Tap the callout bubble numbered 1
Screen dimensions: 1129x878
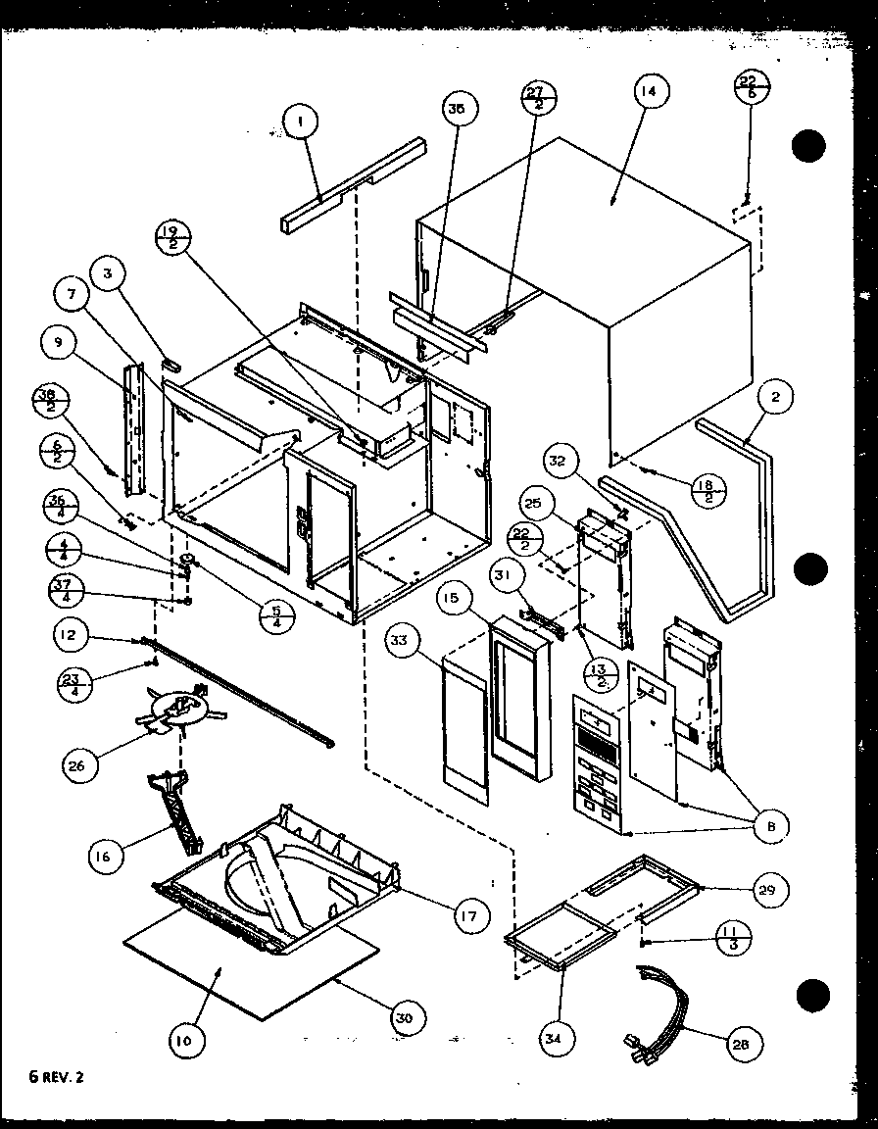pos(301,122)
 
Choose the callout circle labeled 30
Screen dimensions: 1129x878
pos(404,1018)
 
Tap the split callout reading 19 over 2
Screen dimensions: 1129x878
pos(174,238)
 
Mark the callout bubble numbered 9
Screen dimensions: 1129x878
pos(58,342)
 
